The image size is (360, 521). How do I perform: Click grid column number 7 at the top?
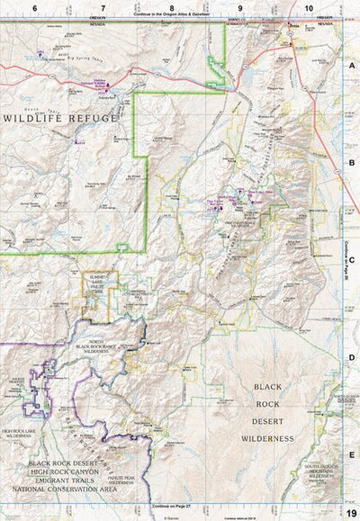pos(103,7)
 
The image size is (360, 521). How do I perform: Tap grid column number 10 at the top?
pos(310,7)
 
